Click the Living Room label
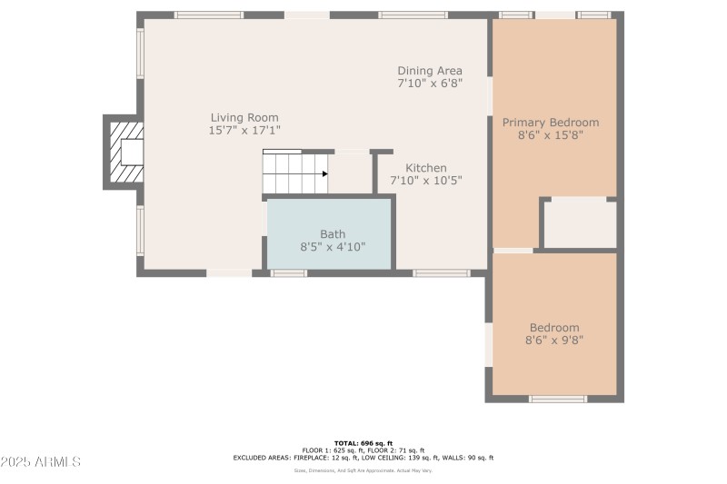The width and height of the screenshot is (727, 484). [244, 117]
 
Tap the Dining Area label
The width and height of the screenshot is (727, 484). [430, 71]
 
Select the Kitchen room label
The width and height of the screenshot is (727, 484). [426, 168]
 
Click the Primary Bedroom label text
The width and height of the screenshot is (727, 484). [551, 123]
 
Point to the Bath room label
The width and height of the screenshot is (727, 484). [333, 234]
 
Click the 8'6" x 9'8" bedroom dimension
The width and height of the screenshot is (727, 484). [553, 341]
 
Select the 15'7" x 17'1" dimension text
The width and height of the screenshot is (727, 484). [244, 131]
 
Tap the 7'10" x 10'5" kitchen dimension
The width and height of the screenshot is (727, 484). [426, 181]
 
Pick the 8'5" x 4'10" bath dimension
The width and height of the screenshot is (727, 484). [333, 247]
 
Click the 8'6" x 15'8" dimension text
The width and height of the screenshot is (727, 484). [551, 135]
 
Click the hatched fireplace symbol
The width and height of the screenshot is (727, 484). [120, 152]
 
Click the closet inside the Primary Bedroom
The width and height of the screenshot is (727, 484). [579, 223]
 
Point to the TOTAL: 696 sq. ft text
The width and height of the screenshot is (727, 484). [363, 443]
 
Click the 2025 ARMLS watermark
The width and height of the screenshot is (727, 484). [41, 462]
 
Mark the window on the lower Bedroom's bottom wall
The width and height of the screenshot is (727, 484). [558, 399]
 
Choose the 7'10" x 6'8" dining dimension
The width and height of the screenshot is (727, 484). [430, 84]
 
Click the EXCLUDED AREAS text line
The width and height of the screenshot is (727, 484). [363, 458]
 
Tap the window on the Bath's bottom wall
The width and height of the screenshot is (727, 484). [289, 272]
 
